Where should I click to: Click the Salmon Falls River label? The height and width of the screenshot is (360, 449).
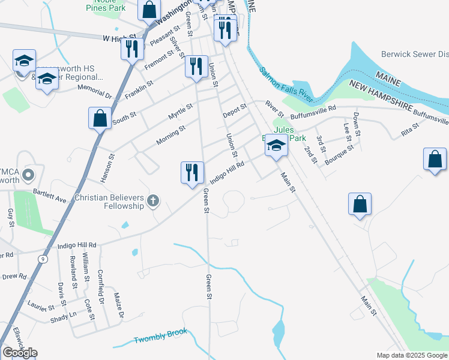(x=286, y=84)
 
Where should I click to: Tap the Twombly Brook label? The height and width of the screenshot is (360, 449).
(x=161, y=335)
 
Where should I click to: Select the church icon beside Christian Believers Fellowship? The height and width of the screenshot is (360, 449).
(x=153, y=201)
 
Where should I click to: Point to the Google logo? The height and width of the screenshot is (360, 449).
(x=20, y=353)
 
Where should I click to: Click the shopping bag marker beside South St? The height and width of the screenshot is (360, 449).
(x=100, y=118)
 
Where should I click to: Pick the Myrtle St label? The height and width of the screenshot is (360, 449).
(x=180, y=110)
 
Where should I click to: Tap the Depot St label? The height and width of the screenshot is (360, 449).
(x=234, y=111)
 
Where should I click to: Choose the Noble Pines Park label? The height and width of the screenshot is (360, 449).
(x=105, y=5)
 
